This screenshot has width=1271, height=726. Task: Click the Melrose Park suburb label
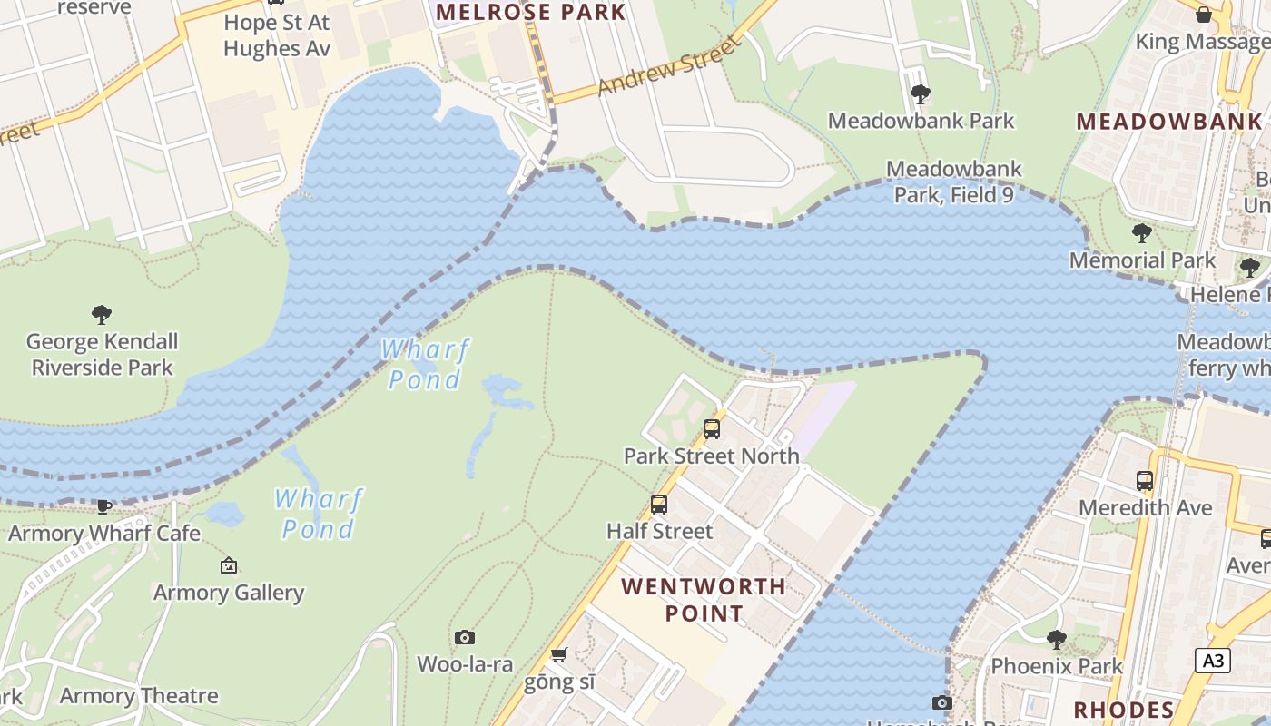click(x=531, y=12)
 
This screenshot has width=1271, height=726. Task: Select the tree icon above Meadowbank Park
click(x=920, y=93)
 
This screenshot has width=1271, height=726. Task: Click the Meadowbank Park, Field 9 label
click(x=953, y=181)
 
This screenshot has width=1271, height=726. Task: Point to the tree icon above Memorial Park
click(x=1142, y=233)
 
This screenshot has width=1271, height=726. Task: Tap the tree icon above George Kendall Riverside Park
click(x=102, y=315)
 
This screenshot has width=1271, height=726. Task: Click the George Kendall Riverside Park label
click(x=102, y=355)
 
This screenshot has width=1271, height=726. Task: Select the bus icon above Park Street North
click(x=712, y=428)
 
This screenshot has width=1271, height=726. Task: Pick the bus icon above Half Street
click(x=659, y=504)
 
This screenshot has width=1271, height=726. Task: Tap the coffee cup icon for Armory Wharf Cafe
click(x=104, y=506)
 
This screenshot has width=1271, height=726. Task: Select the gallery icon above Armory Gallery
click(x=229, y=565)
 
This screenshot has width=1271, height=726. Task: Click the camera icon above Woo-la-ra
click(x=465, y=638)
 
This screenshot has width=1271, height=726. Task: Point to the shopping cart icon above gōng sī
click(x=559, y=655)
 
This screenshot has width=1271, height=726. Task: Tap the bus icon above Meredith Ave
click(x=1145, y=481)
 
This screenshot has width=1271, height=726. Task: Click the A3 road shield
click(x=1213, y=661)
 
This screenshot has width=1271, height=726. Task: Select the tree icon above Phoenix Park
click(x=1056, y=639)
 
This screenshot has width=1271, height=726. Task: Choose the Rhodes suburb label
click(x=1124, y=709)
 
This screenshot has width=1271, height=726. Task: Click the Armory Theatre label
click(x=139, y=696)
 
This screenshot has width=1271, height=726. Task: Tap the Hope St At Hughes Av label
click(x=277, y=34)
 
